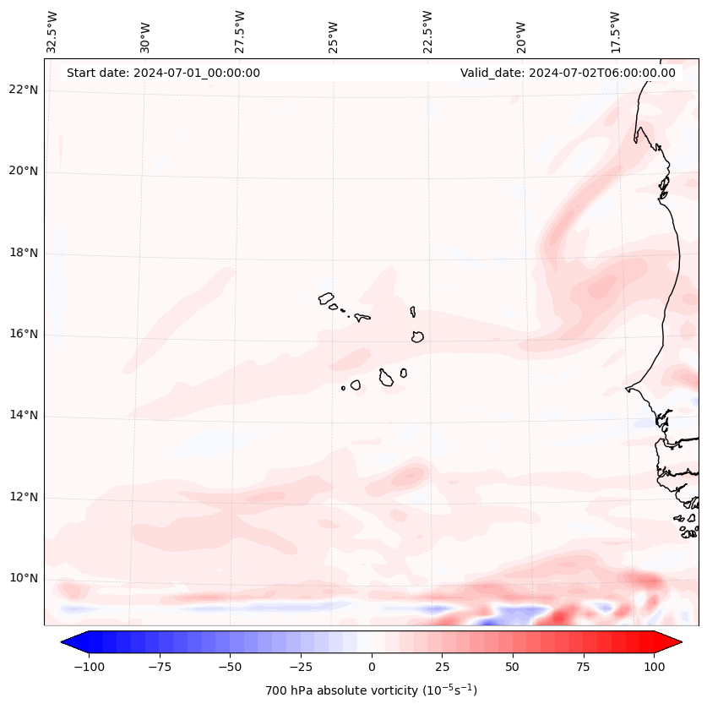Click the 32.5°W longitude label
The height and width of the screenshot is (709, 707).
tap(52, 31)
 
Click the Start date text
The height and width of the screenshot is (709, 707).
tap(163, 73)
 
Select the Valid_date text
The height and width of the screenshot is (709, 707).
tap(568, 73)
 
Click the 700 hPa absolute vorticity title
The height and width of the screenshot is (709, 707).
tap(371, 690)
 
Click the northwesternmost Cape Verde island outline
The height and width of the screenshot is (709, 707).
tap(326, 297)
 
